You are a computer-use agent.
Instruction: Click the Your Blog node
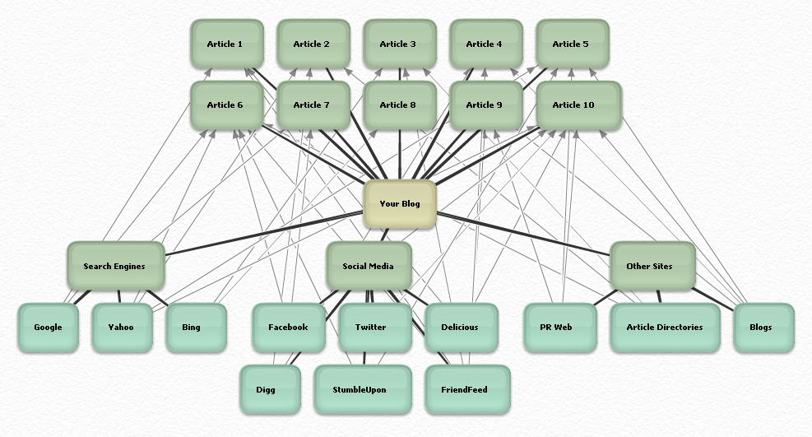400,204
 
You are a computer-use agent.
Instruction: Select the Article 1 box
225,44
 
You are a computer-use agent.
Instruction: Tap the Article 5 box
571,44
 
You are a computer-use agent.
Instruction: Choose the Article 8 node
398,105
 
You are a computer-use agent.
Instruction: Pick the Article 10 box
573,105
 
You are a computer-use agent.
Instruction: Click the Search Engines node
114,267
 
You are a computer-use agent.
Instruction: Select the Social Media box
368,267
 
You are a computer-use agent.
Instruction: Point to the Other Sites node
650,267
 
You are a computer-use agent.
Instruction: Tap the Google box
48,328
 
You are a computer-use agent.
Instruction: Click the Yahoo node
121,328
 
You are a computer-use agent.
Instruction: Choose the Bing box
192,328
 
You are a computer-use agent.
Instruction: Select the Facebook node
288,328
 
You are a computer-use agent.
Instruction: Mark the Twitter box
371,328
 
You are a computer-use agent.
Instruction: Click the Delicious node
460,328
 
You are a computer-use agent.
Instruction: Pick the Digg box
267,390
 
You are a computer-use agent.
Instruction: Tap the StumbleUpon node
360,390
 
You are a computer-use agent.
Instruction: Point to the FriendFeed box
466,390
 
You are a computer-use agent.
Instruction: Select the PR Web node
556,328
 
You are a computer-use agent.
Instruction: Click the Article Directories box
665,328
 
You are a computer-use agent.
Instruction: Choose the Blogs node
761,328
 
